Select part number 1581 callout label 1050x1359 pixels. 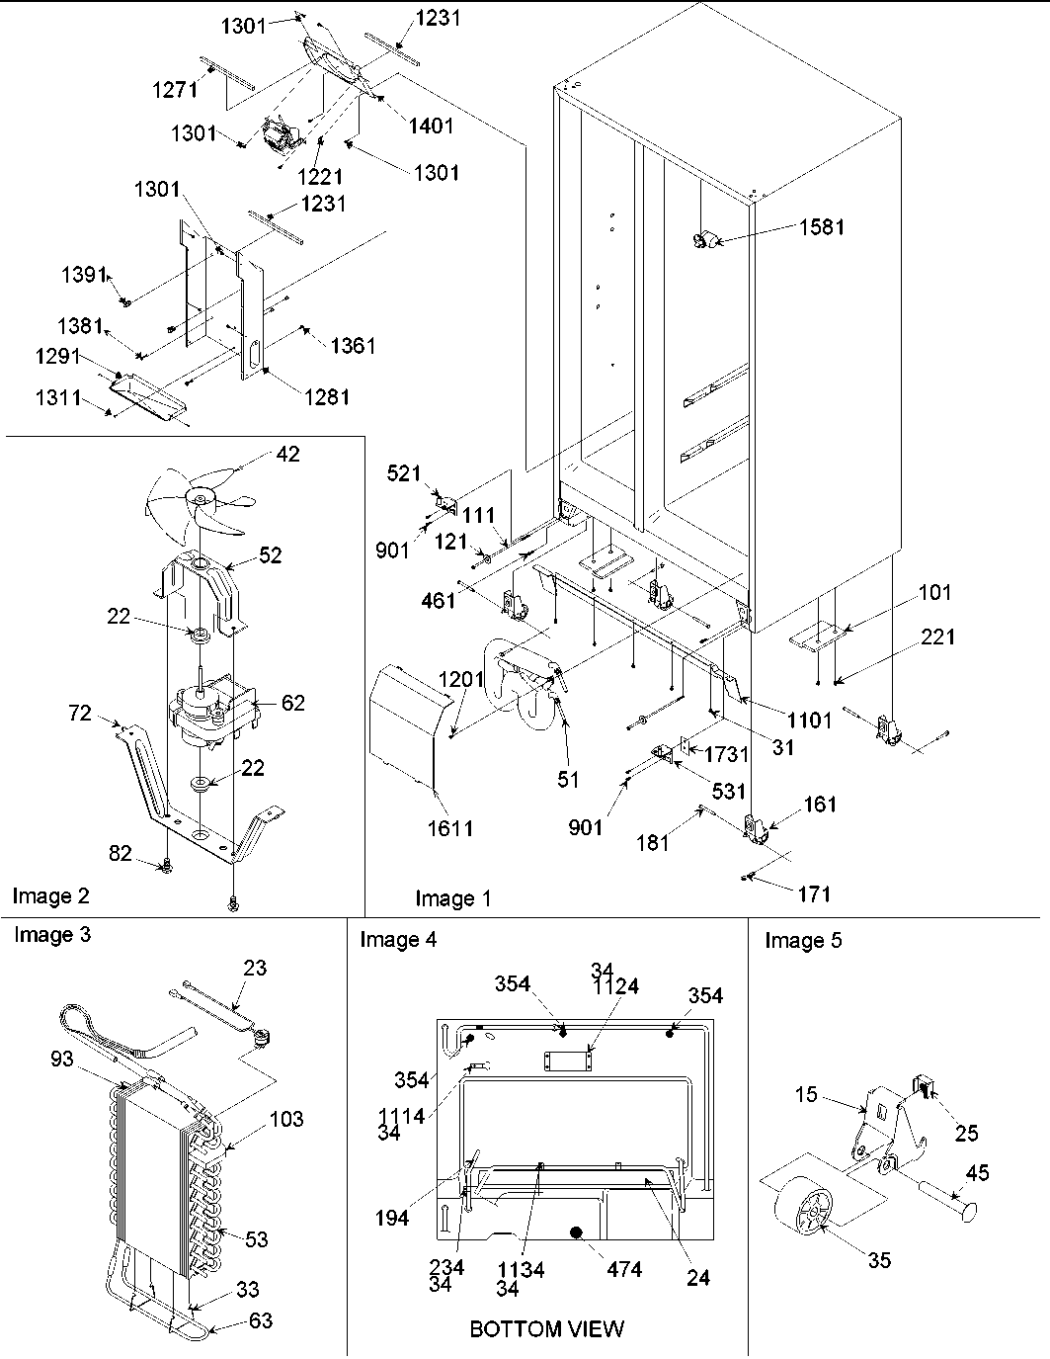[x=822, y=226]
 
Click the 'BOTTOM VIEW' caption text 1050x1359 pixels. [x=546, y=1328]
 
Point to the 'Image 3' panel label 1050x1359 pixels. [x=51, y=934]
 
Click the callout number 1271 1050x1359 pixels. [x=174, y=90]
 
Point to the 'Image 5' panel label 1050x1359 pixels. [x=803, y=940]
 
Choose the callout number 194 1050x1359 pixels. [x=392, y=1219]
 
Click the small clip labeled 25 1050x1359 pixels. [x=926, y=1088]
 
